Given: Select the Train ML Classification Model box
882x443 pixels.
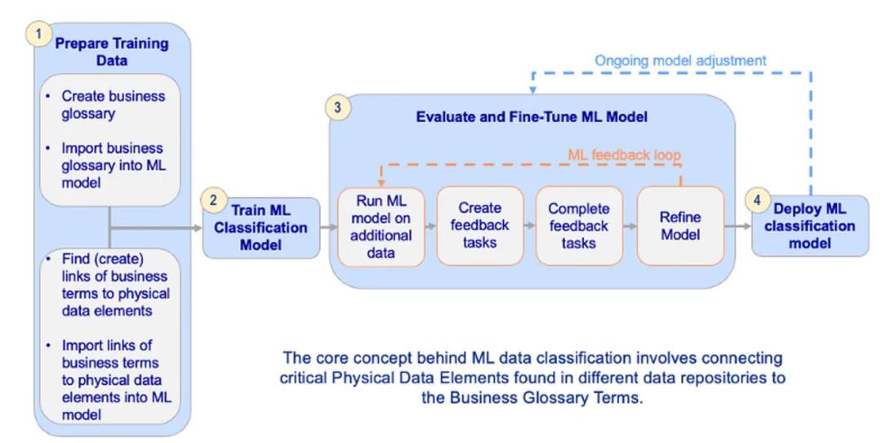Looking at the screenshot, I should (261, 226).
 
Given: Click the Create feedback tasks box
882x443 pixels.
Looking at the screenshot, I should (480, 226).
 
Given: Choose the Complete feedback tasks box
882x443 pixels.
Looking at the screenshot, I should (580, 226).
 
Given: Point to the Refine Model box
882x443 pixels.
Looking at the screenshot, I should (679, 226).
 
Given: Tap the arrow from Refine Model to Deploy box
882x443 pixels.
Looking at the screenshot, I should (736, 226).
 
